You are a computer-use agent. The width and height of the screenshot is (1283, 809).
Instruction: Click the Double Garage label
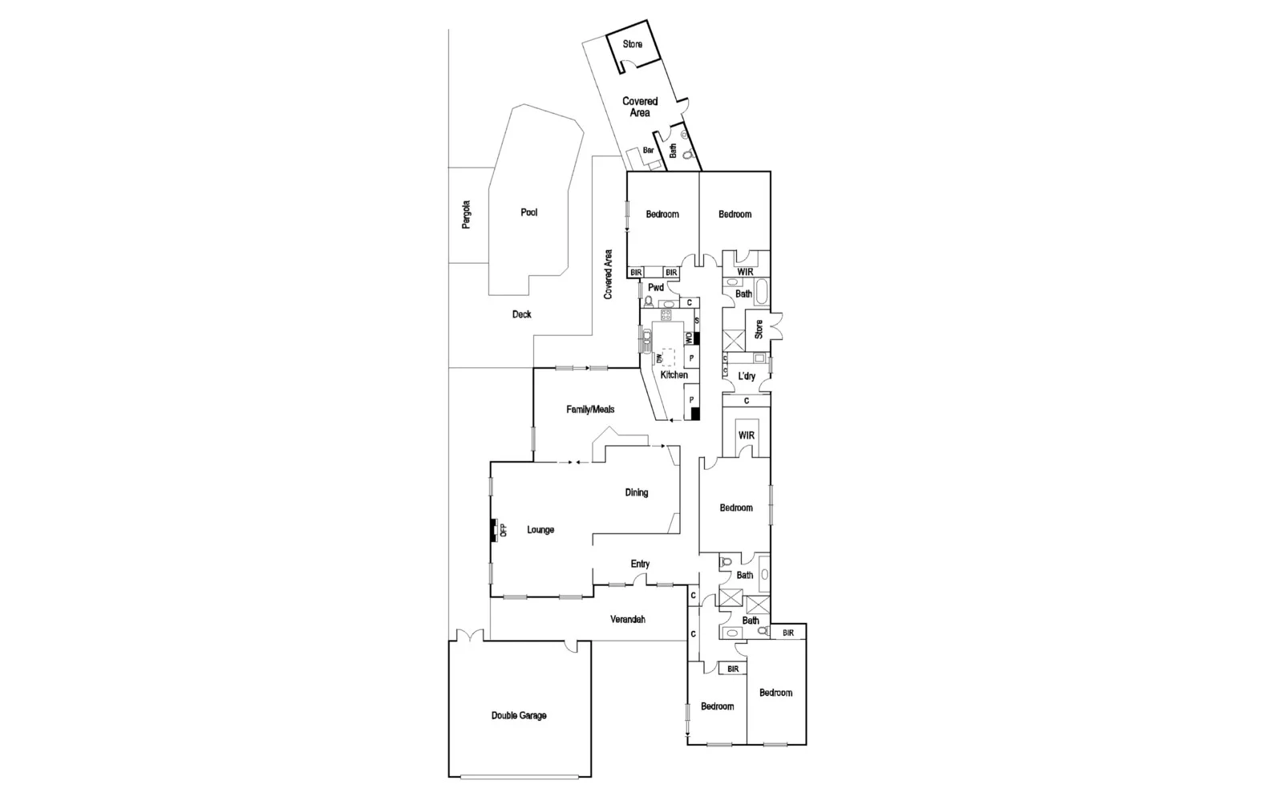pyautogui.click(x=519, y=715)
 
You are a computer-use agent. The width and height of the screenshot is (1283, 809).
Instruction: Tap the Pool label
pyautogui.click(x=528, y=212)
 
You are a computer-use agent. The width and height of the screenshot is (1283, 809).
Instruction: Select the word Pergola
pyautogui.click(x=467, y=215)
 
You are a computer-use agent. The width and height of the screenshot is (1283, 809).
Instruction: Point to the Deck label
pyautogui.click(x=521, y=314)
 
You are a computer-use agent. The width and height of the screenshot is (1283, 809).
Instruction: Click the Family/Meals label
pyautogui.click(x=590, y=410)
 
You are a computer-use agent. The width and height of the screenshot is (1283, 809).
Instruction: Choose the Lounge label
pyautogui.click(x=540, y=530)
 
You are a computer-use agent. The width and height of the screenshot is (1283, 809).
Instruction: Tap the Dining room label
pyautogui.click(x=637, y=493)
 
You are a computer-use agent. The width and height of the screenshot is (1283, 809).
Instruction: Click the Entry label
pyautogui.click(x=640, y=564)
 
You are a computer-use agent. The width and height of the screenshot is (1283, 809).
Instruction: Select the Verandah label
pyautogui.click(x=628, y=620)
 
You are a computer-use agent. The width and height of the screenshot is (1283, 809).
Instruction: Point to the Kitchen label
pyautogui.click(x=674, y=375)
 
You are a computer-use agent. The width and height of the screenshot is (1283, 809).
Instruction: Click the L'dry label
pyautogui.click(x=747, y=376)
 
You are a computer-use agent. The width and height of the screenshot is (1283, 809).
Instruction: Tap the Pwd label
pyautogui.click(x=655, y=287)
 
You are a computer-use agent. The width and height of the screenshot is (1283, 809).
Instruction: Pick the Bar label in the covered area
pyautogui.click(x=648, y=151)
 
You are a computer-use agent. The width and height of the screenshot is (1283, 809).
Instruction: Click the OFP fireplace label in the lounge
pyautogui.click(x=504, y=530)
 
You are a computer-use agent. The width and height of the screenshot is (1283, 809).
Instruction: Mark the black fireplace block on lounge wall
pyautogui.click(x=493, y=531)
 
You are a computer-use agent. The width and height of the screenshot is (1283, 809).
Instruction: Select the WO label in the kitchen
pyautogui.click(x=688, y=338)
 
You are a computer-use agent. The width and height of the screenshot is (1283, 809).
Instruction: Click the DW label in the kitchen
pyautogui.click(x=659, y=358)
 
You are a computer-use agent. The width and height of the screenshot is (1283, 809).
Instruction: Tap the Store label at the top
pyautogui.click(x=633, y=44)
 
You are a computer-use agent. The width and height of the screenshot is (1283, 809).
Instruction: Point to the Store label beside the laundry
pyautogui.click(x=759, y=328)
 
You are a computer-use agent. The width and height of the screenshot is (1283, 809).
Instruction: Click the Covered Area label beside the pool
pyautogui.click(x=609, y=275)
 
